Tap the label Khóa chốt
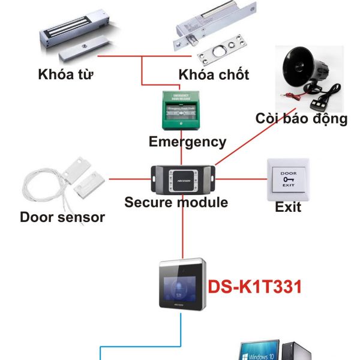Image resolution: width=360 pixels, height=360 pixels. click(x=214, y=76)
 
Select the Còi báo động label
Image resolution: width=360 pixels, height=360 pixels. click(x=301, y=118)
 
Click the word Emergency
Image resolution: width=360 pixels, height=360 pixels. click(x=188, y=142)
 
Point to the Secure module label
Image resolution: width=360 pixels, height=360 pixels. click(x=176, y=202)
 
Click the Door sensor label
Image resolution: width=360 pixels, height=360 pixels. click(x=62, y=217)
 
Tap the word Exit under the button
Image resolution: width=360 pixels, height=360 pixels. click(x=288, y=208)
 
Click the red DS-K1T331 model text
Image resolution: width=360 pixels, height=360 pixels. click(x=255, y=287)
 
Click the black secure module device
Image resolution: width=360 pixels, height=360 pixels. click(x=182, y=178)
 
